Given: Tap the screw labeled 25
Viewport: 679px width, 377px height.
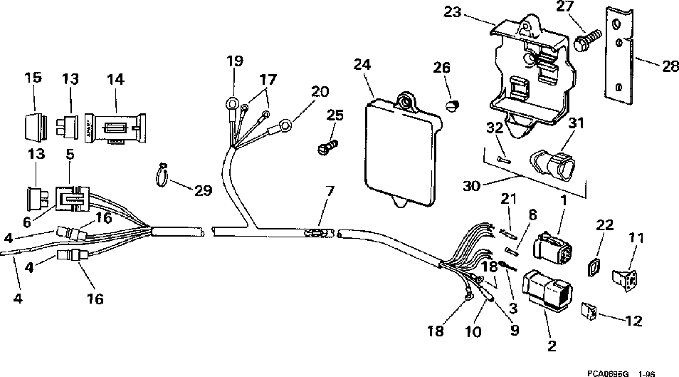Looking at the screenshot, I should click(x=327, y=148).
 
